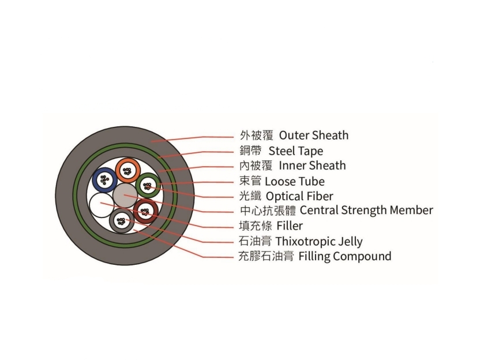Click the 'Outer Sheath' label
[314, 135]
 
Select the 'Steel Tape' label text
[296, 151]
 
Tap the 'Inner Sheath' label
[312, 166]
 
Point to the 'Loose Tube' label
[295, 181]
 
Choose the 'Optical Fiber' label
[299, 196]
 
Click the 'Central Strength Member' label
[366, 210]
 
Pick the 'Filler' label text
[290, 226]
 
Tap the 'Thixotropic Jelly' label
[319, 242]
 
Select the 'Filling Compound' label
[345, 256]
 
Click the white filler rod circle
[102, 205]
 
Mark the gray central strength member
[125, 195]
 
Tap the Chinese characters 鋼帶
[251, 151]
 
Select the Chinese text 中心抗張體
[268, 211]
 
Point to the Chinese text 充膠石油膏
[266, 256]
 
